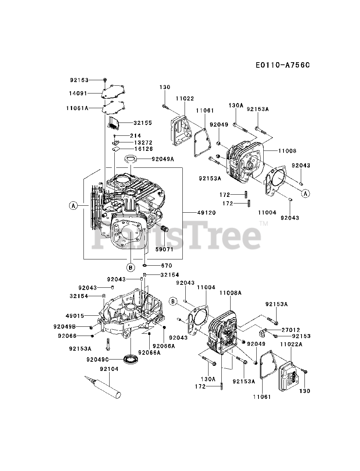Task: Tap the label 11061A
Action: click(x=78, y=108)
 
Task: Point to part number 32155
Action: click(x=143, y=123)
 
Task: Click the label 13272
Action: click(x=143, y=142)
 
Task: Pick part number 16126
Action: click(x=143, y=149)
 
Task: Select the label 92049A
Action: click(x=163, y=159)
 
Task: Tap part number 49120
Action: click(x=206, y=213)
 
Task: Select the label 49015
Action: click(x=75, y=316)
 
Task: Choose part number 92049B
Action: click(x=64, y=326)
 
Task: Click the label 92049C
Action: click(x=98, y=359)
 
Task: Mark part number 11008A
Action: click(x=230, y=293)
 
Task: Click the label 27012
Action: click(x=291, y=330)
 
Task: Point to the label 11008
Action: click(x=287, y=151)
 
